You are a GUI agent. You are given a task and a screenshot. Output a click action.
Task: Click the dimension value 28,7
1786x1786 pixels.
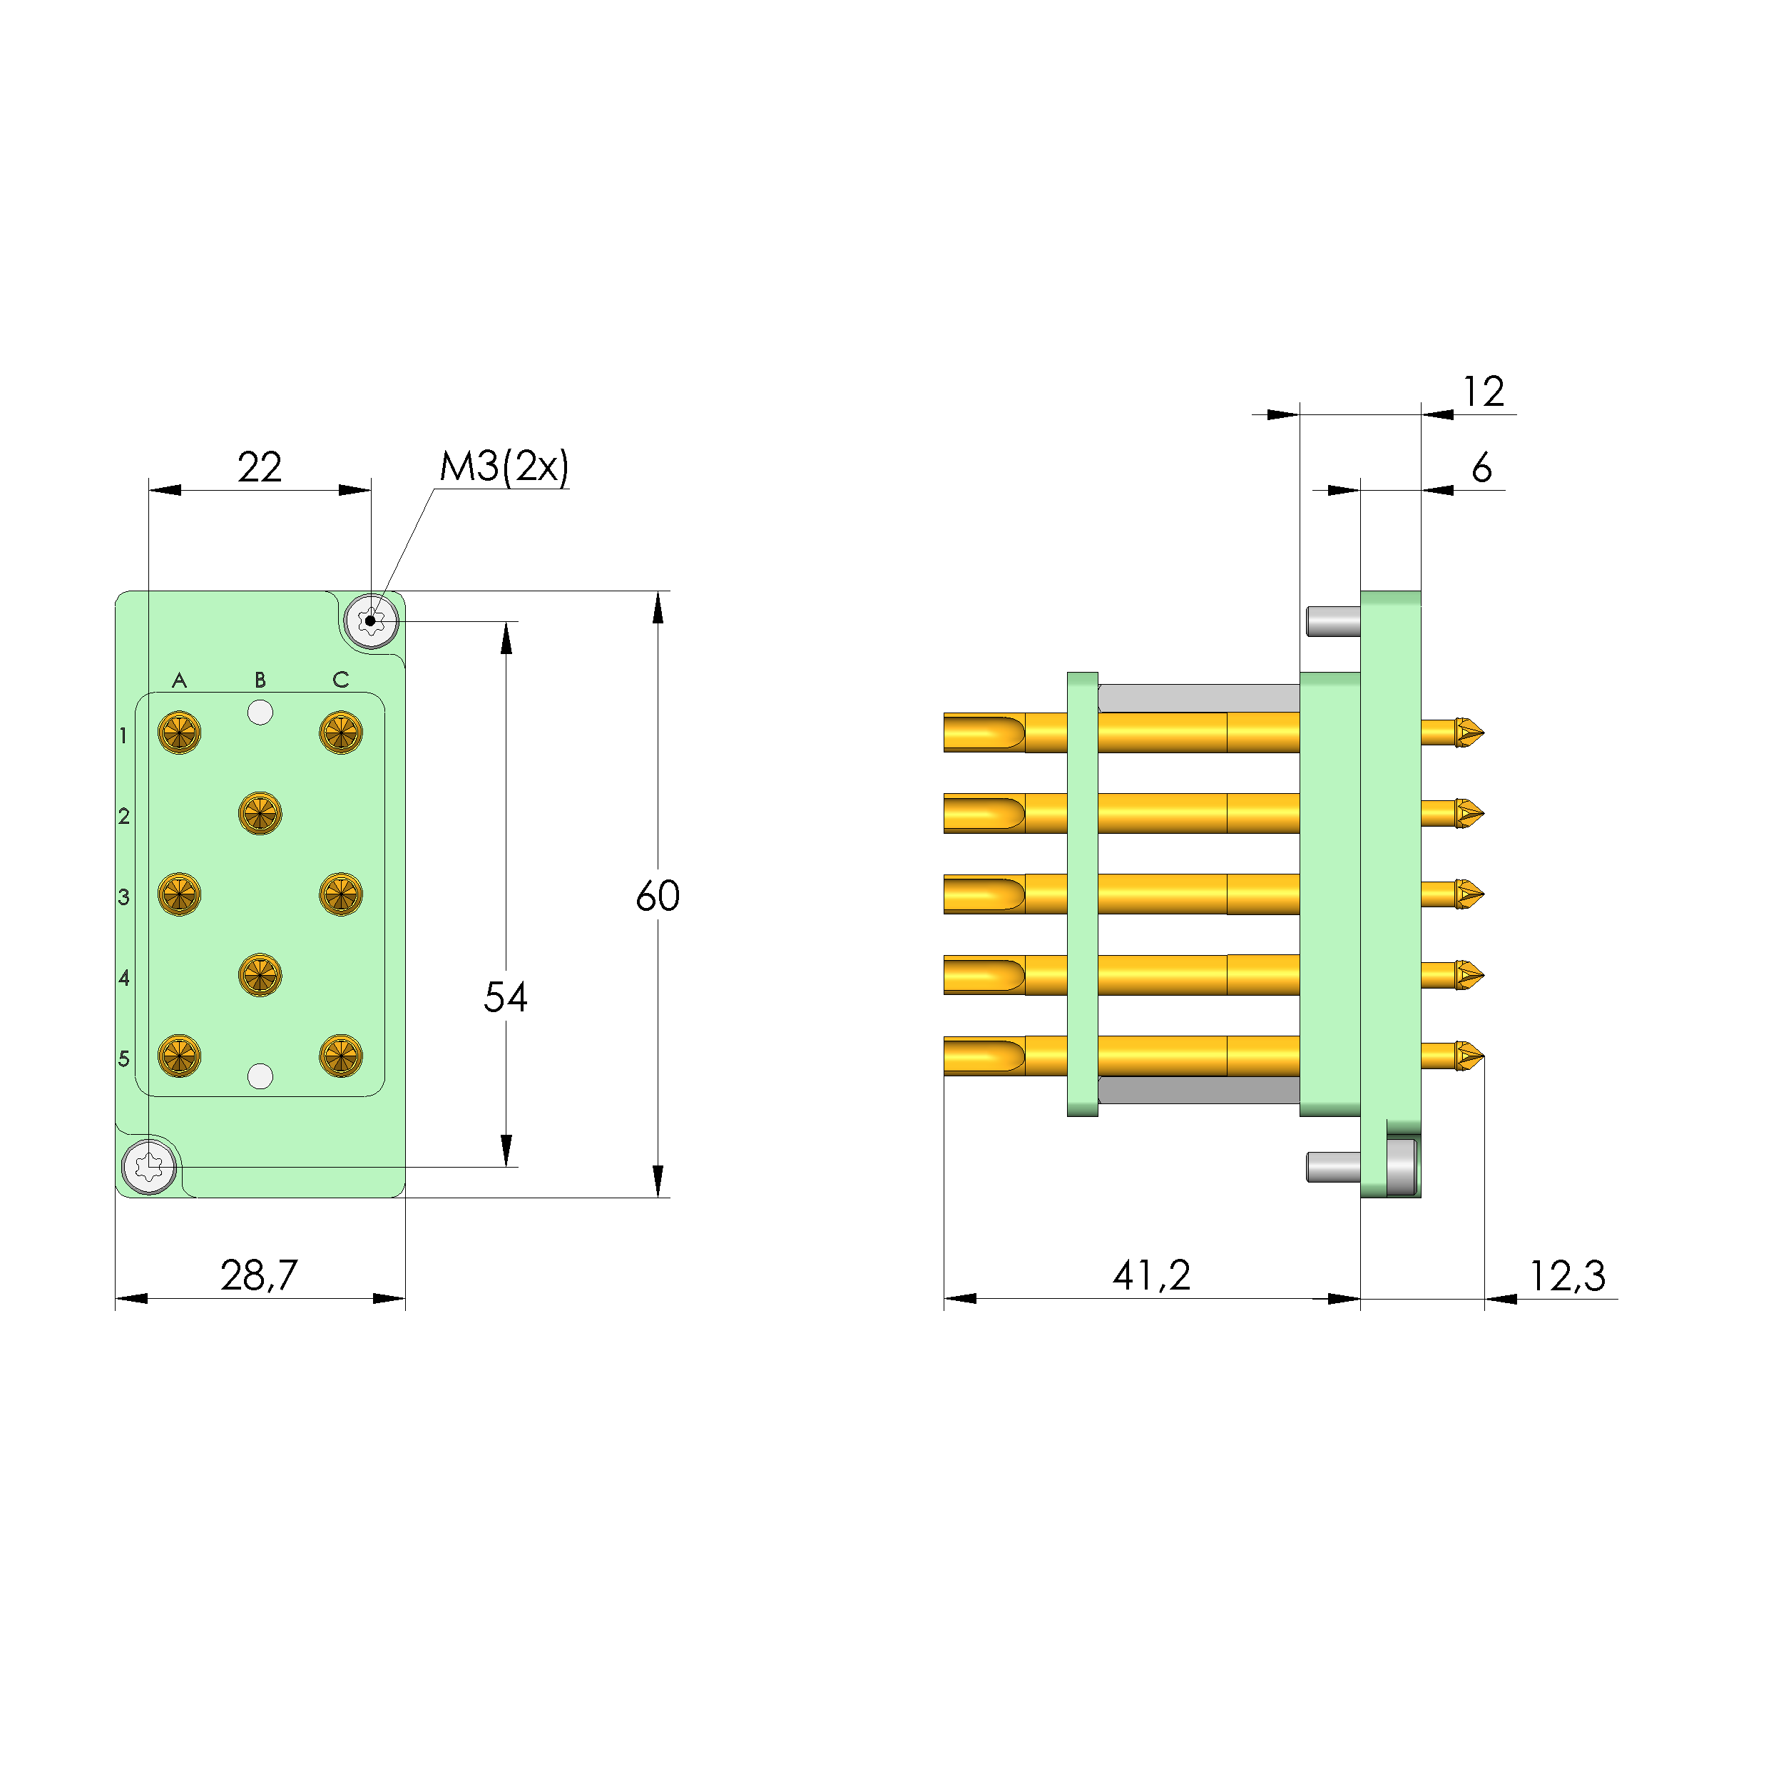tap(259, 1276)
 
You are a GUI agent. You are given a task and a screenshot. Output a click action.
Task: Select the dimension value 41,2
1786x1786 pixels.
tap(1151, 1276)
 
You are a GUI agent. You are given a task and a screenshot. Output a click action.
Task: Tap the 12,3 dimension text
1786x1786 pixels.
tap(1567, 1277)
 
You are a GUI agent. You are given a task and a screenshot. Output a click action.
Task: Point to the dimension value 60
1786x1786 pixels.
tap(658, 896)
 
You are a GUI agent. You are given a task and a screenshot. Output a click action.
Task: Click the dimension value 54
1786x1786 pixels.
tap(505, 997)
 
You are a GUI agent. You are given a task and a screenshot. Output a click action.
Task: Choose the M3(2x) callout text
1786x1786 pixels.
tap(504, 467)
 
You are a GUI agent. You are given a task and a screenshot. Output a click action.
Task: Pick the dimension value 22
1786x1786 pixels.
tap(259, 467)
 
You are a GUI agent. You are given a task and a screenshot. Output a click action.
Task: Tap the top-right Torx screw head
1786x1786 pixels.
tap(371, 621)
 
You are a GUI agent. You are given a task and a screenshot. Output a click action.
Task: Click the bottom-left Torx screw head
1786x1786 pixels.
tap(149, 1167)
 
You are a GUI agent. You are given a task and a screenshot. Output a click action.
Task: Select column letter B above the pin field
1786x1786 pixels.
tap(260, 680)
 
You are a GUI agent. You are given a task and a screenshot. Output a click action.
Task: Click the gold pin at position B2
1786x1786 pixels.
tap(260, 814)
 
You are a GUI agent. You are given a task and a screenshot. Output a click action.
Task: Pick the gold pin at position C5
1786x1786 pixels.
tap(340, 1056)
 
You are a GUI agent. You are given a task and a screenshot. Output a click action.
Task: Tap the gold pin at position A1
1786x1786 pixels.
tap(179, 733)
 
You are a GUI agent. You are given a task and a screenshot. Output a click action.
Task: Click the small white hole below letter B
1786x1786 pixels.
tap(260, 713)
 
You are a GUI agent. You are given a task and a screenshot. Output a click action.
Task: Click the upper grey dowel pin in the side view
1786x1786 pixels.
tap(1332, 621)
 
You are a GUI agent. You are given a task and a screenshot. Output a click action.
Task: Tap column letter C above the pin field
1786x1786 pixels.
tap(340, 680)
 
